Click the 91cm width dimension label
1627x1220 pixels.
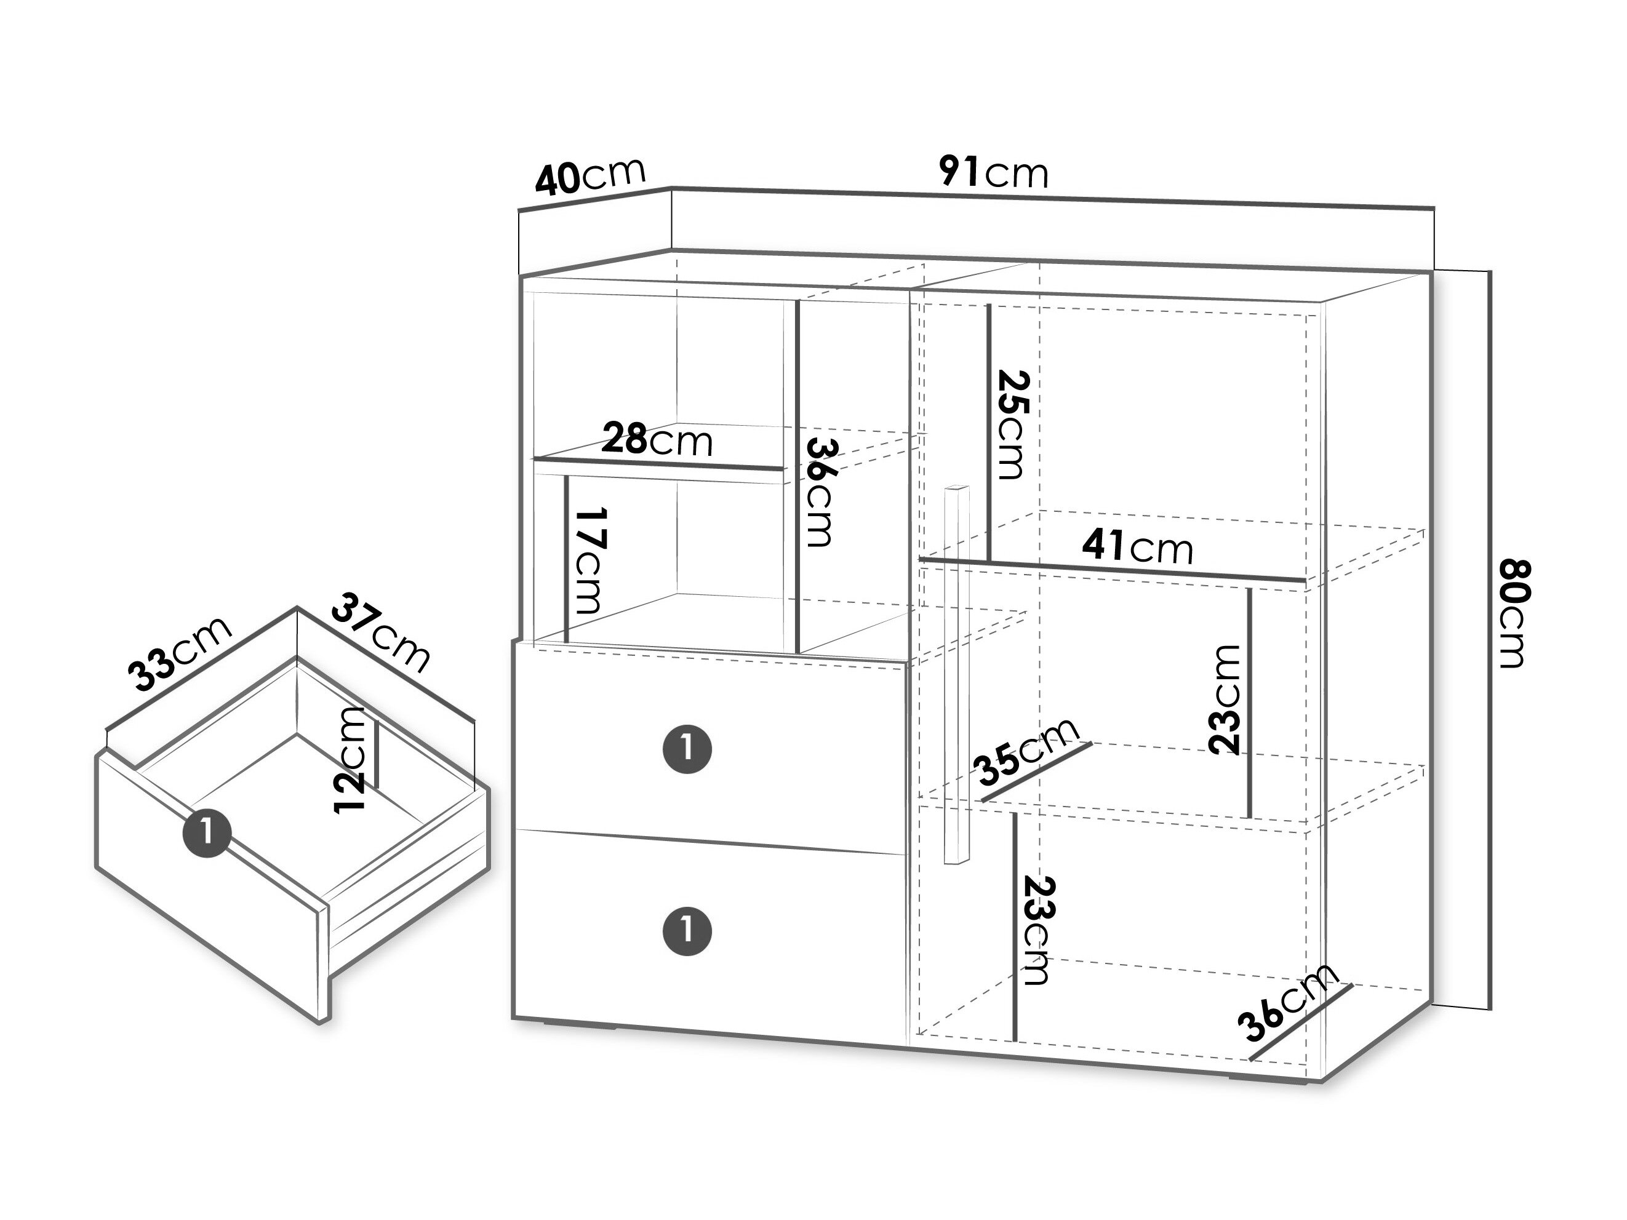coord(993,173)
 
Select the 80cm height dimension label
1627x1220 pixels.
coord(1514,614)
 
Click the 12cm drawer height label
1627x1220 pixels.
coord(350,760)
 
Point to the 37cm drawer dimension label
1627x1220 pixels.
coord(380,633)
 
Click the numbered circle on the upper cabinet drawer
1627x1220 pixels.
coord(687,749)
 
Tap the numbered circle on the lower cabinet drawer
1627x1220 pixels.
coord(687,931)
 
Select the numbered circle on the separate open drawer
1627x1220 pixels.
coord(207,833)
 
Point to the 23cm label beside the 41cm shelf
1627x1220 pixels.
coord(1225,700)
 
